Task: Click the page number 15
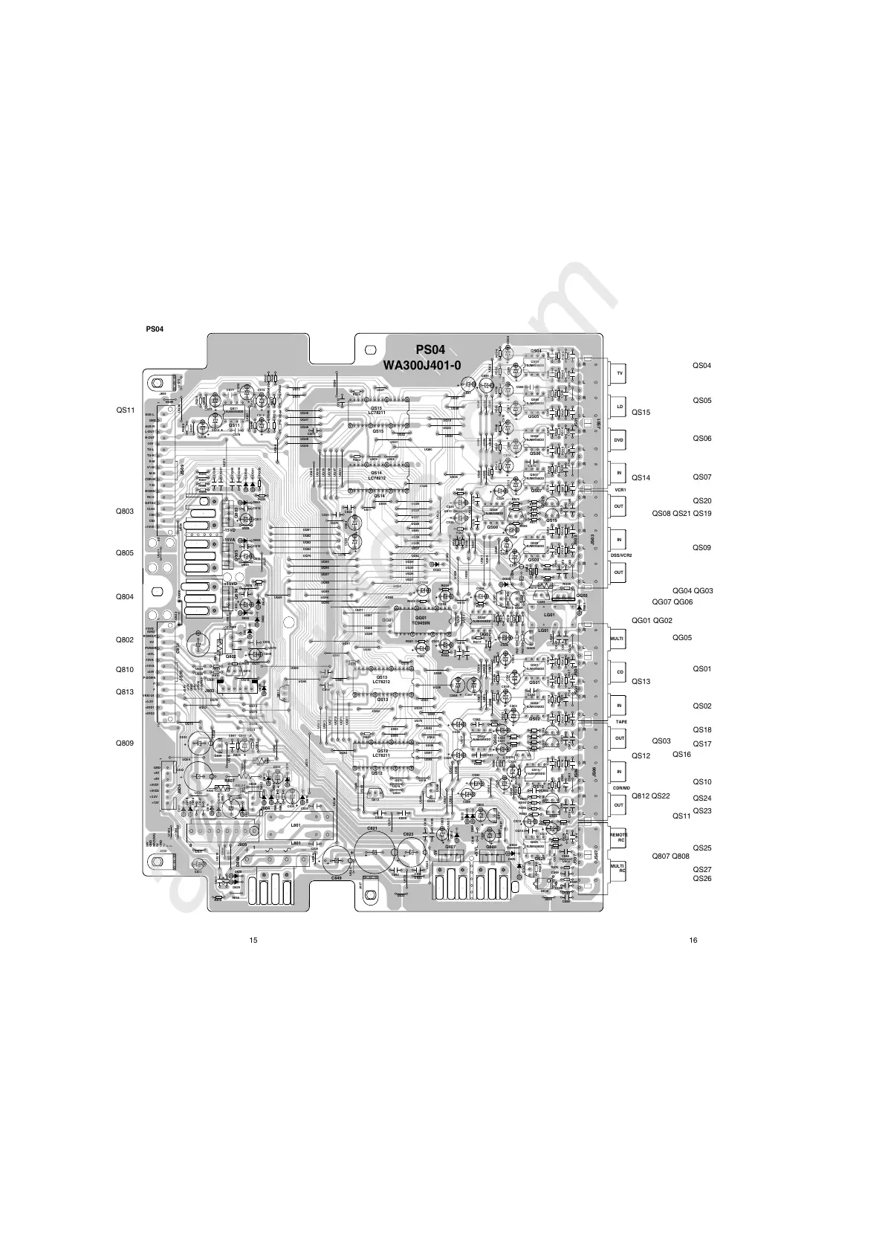[x=253, y=940]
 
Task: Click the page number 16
[x=693, y=940]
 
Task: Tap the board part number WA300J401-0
[x=421, y=365]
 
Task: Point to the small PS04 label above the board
[x=155, y=329]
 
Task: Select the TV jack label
[x=620, y=372]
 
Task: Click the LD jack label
[x=620, y=407]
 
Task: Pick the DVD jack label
[x=619, y=440]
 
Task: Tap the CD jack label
[x=620, y=672]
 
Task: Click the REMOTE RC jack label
[x=619, y=837]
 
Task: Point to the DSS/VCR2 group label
[x=620, y=556]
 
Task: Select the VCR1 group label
[x=620, y=490]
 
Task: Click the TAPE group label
[x=620, y=722]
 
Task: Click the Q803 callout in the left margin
[x=124, y=512]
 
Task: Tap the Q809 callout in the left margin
[x=124, y=743]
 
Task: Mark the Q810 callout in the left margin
[x=124, y=670]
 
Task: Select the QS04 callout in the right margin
[x=702, y=366]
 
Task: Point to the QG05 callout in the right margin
[x=682, y=637]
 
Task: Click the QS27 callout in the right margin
[x=702, y=869]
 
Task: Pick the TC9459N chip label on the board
[x=421, y=622]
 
